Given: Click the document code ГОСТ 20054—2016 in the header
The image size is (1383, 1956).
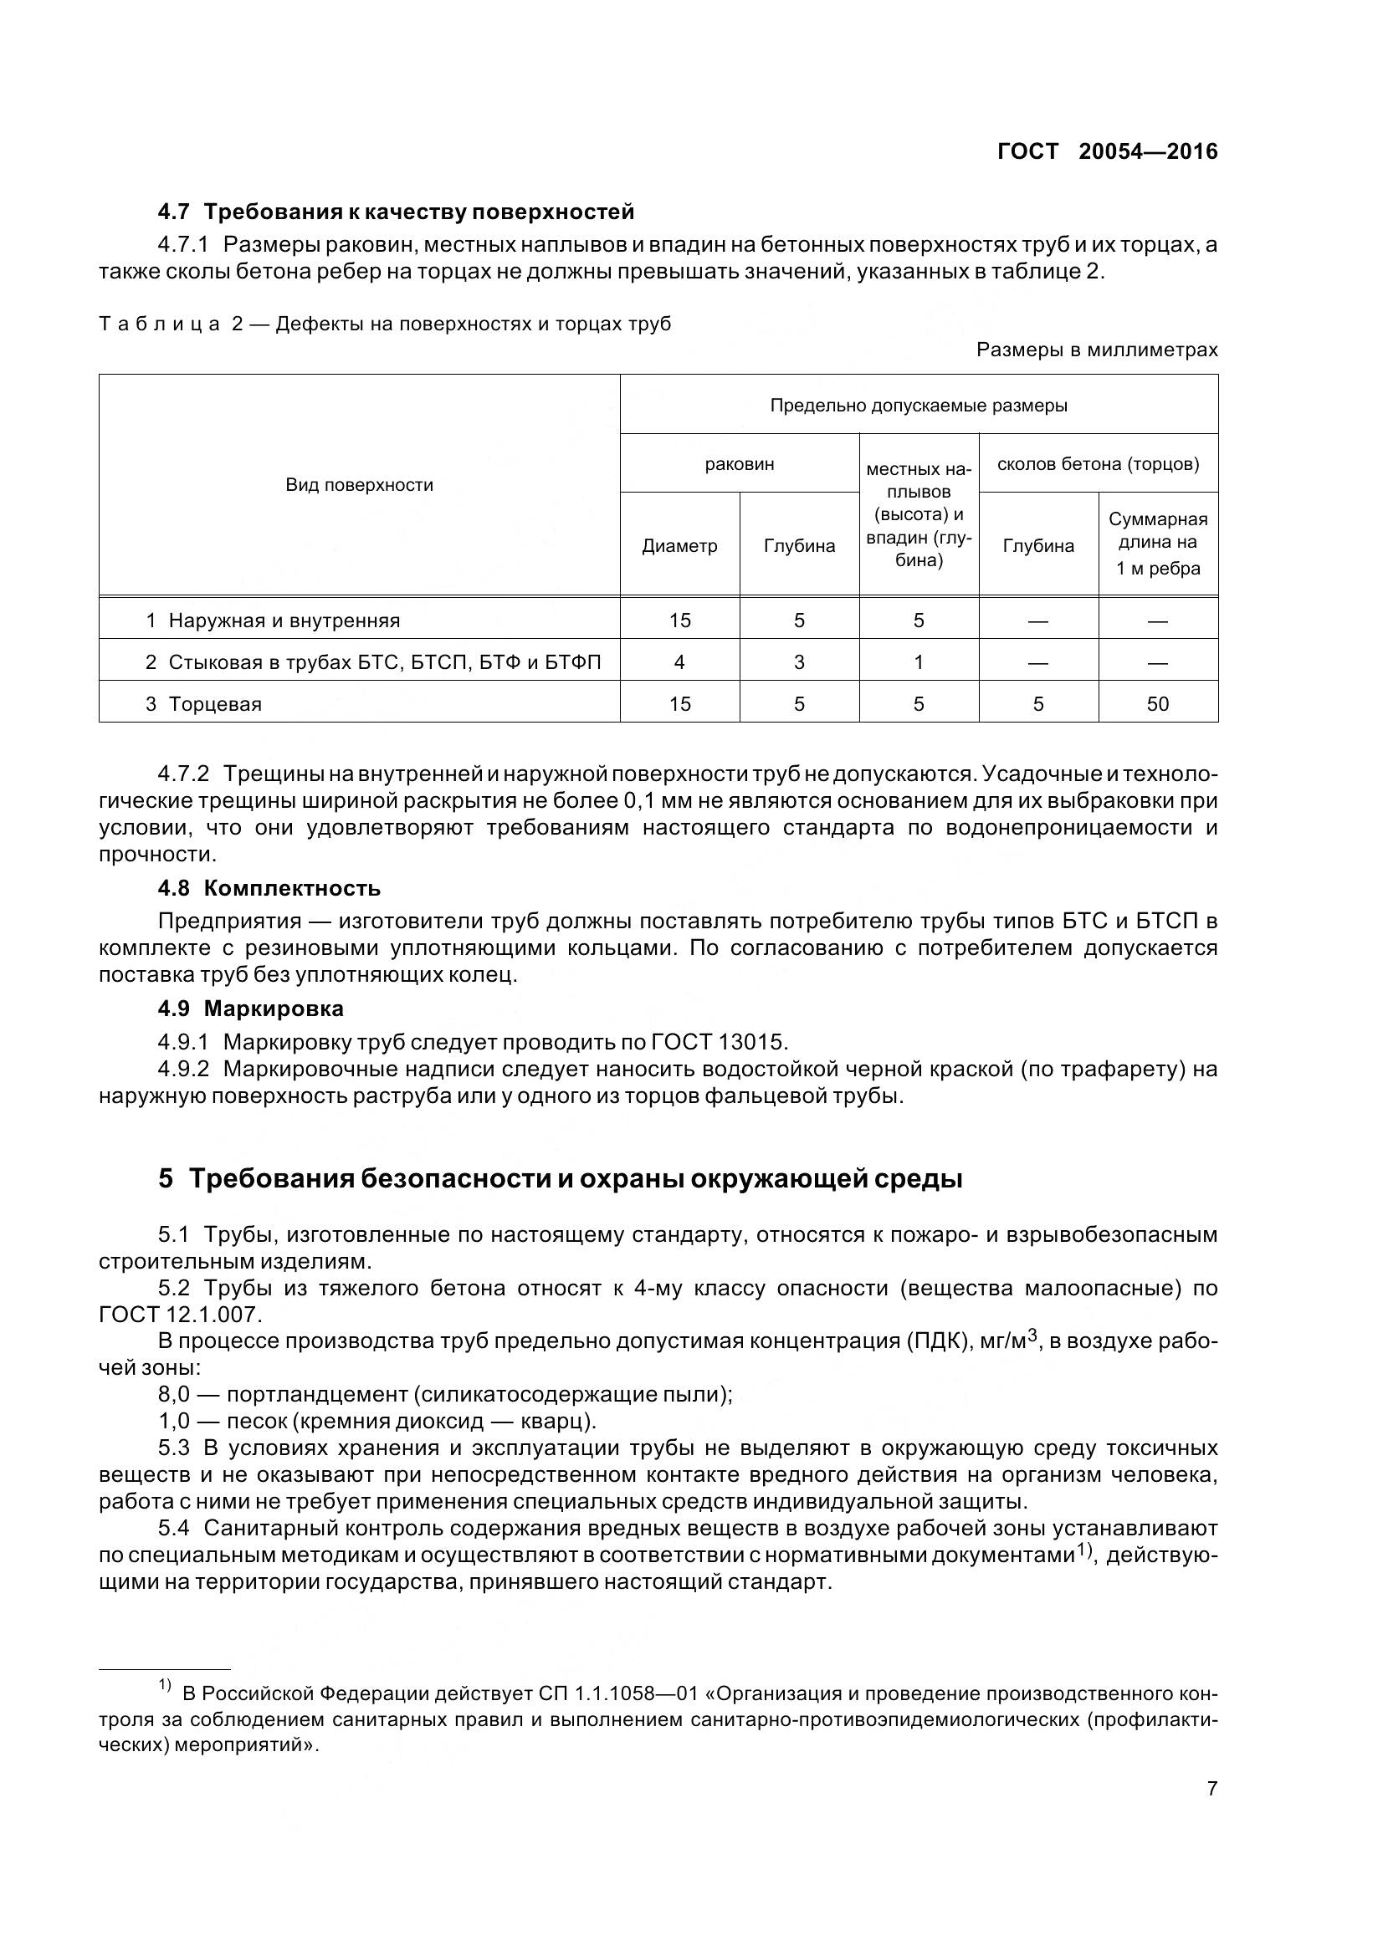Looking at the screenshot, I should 1107,151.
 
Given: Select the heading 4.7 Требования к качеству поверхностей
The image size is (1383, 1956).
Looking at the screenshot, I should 397,212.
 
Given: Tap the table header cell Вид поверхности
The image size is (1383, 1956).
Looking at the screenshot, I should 359,485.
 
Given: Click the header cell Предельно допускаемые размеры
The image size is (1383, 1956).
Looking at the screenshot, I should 918,406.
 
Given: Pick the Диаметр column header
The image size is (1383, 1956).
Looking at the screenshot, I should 679,546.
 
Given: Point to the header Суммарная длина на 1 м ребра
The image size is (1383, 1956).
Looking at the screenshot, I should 1157,544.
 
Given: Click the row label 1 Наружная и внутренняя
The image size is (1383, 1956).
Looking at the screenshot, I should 273,621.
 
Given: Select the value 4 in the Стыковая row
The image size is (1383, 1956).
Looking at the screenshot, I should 679,662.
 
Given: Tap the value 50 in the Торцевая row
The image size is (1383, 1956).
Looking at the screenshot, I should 1157,703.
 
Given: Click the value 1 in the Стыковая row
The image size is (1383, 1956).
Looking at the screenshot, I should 918,662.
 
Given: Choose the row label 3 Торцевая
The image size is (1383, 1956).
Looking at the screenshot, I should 203,703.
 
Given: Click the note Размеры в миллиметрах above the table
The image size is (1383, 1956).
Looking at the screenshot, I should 1097,350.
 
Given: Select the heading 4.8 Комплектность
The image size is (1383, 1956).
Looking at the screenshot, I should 269,889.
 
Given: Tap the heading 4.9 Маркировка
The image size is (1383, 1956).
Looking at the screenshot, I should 250,1009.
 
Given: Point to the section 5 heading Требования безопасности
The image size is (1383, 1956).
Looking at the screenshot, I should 560,1179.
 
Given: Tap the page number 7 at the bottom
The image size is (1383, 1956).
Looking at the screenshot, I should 1211,1788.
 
